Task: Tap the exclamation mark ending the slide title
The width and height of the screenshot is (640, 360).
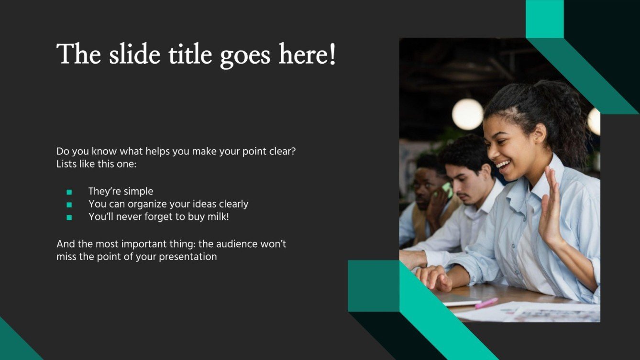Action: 332,54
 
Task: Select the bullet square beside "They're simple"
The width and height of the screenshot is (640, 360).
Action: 69,192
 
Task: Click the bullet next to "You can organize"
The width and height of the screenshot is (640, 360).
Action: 69,205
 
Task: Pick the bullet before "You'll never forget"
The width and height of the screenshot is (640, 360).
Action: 69,217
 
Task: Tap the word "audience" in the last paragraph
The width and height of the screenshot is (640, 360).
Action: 236,244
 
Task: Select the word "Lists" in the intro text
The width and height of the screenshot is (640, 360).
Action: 66,164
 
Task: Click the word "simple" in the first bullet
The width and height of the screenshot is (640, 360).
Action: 138,191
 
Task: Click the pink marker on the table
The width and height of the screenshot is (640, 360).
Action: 486,303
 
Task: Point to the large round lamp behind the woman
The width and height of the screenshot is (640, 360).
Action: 467,114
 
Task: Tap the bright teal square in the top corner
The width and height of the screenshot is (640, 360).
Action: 545,19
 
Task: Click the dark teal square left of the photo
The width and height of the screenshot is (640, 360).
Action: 373,286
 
